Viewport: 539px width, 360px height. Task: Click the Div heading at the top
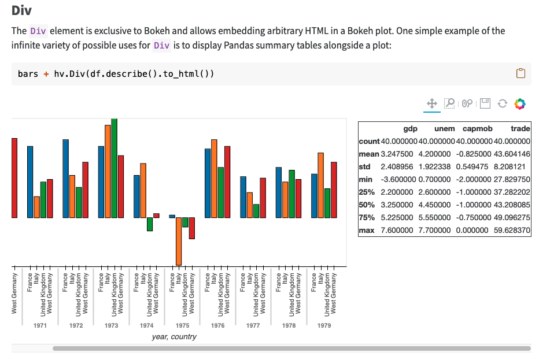click(x=21, y=10)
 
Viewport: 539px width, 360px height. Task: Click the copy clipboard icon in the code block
click(x=520, y=73)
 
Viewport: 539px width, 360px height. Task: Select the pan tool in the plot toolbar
click(x=431, y=103)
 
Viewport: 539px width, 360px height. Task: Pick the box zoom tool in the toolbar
click(x=449, y=103)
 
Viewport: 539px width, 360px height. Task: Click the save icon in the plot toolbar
click(x=485, y=103)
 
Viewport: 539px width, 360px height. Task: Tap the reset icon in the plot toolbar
click(x=502, y=103)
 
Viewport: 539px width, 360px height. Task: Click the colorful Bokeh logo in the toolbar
click(x=519, y=103)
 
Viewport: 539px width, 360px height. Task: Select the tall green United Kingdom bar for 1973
click(x=114, y=168)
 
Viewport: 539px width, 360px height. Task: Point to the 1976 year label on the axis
click(x=217, y=326)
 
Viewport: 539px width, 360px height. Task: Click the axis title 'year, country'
click(x=174, y=337)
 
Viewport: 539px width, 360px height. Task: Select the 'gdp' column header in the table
click(x=410, y=128)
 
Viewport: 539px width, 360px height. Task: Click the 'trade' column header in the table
click(x=520, y=128)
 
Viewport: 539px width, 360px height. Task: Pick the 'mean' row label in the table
click(x=368, y=154)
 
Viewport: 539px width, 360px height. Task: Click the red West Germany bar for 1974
click(x=156, y=216)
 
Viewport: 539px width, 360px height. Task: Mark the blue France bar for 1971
click(x=30, y=181)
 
